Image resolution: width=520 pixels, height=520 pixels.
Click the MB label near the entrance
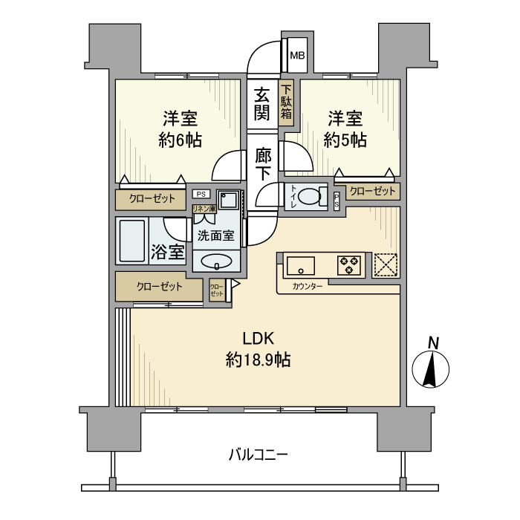(x=296, y=55)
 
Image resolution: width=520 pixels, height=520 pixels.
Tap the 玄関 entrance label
(x=261, y=104)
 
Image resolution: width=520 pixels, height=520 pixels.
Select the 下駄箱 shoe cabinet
(x=287, y=102)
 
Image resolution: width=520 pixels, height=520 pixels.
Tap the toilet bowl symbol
(x=317, y=197)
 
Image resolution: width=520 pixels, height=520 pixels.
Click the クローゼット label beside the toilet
(x=372, y=191)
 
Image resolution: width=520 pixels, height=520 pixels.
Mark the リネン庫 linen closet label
(x=204, y=209)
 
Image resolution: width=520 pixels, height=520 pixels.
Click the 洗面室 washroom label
(x=215, y=235)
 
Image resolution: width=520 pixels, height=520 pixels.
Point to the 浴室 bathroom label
(x=168, y=251)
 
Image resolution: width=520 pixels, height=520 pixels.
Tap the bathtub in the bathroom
(x=133, y=241)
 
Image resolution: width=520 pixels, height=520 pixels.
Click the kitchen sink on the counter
(x=301, y=264)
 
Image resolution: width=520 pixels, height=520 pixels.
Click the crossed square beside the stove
(x=385, y=265)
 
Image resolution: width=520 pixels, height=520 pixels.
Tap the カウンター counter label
(x=308, y=286)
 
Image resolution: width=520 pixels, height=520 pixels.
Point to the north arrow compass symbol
(x=435, y=366)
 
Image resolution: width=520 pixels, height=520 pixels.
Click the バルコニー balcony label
(x=258, y=454)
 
